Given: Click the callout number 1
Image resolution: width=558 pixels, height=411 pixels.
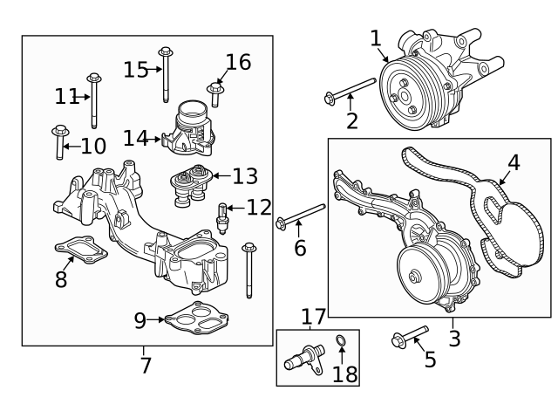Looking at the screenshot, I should (x=376, y=38).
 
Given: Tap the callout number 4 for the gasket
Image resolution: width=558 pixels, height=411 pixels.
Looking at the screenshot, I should (x=514, y=162).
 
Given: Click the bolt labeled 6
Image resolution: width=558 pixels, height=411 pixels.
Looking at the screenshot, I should (x=301, y=215).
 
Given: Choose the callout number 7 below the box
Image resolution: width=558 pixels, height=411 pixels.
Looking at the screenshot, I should (x=146, y=364).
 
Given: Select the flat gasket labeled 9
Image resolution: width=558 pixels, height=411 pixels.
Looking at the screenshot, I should (x=200, y=319).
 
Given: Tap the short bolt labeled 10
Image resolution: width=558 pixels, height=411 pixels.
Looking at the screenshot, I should (x=59, y=143).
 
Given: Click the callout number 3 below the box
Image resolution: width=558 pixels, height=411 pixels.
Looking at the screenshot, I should (x=454, y=337).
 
